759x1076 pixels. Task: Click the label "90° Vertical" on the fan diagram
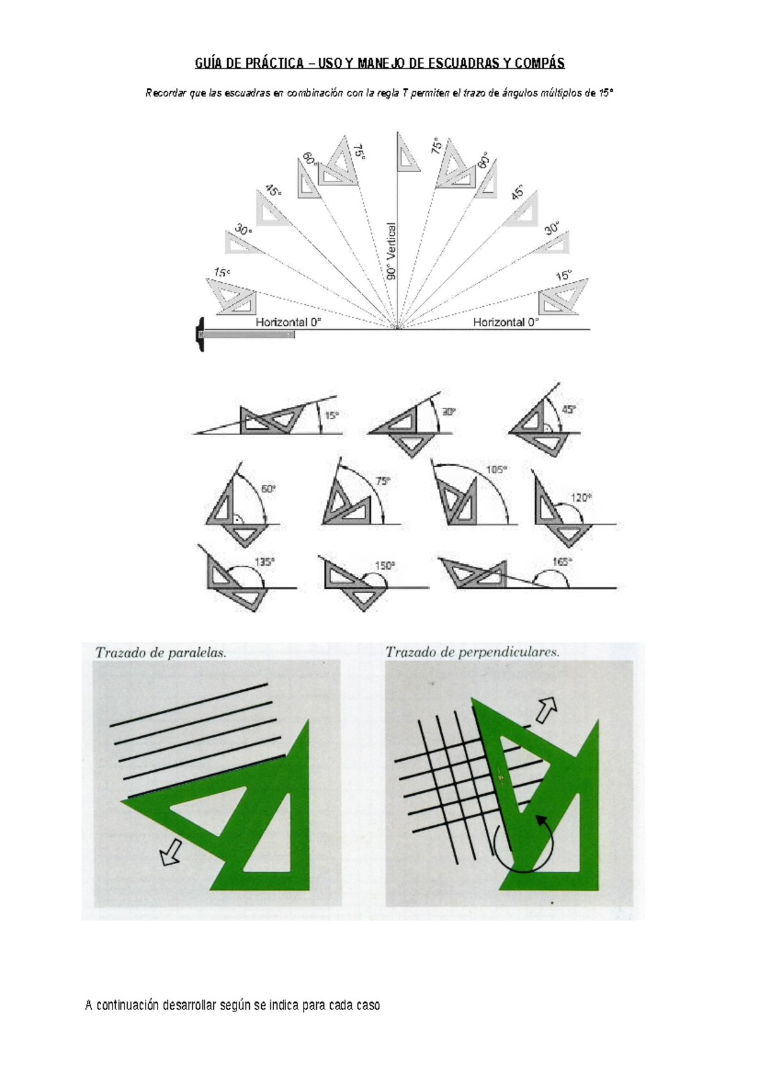pyautogui.click(x=392, y=250)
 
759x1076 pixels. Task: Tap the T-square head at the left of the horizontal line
pyautogui.click(x=200, y=334)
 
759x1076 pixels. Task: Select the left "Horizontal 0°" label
pyautogui.click(x=288, y=323)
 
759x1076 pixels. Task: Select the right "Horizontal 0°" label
pyautogui.click(x=506, y=323)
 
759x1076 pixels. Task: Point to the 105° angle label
pyautogui.click(x=497, y=470)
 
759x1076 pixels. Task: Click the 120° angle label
pyautogui.click(x=581, y=498)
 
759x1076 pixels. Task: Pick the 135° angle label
pyautogui.click(x=264, y=562)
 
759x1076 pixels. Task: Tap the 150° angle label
pyautogui.click(x=385, y=566)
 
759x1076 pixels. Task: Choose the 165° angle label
pyautogui.click(x=562, y=562)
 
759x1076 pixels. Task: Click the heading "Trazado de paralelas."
pyautogui.click(x=161, y=653)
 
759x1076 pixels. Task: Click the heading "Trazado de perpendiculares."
pyautogui.click(x=472, y=652)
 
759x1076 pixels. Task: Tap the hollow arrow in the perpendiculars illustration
pyautogui.click(x=546, y=709)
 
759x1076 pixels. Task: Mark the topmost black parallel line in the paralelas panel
pyautogui.click(x=188, y=705)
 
